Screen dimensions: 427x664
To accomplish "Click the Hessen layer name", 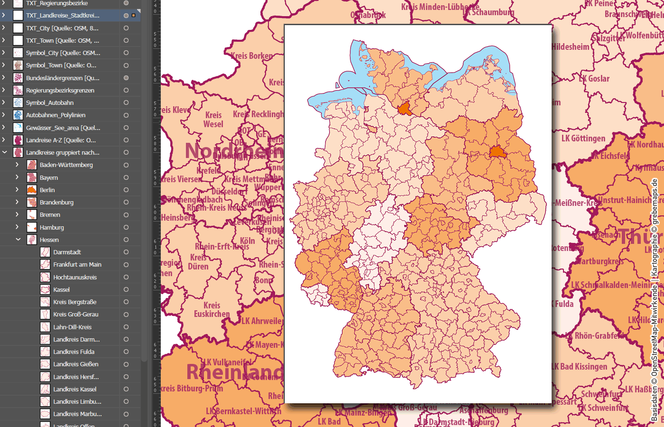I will coord(49,240).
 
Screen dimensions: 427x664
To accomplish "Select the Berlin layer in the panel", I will coord(47,190).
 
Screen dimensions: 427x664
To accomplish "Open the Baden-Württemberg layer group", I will coord(17,165).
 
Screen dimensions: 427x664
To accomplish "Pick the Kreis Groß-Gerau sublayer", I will coord(75,314).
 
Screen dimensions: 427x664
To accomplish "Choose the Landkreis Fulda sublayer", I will coord(74,352).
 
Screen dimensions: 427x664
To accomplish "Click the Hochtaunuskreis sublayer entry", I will coord(75,277).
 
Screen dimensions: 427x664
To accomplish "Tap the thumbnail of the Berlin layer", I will coord(32,190).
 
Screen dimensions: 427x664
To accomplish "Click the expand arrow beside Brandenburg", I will coord(17,202).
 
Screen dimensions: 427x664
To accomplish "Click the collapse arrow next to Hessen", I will coord(18,240).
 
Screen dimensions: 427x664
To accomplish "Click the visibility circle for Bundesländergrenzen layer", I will coord(126,78).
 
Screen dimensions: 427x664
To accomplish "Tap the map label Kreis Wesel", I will coord(213,120).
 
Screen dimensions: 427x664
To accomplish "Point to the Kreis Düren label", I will coord(198,262).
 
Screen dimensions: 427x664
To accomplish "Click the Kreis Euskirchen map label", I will coord(212,309).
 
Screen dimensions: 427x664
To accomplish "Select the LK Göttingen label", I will coord(583,139).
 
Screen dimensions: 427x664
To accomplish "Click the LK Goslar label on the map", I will coord(595,79).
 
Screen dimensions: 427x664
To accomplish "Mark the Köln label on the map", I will coord(247,241).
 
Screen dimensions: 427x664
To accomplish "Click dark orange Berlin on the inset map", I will coord(498,152).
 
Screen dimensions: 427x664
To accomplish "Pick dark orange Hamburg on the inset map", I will coord(405,110).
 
